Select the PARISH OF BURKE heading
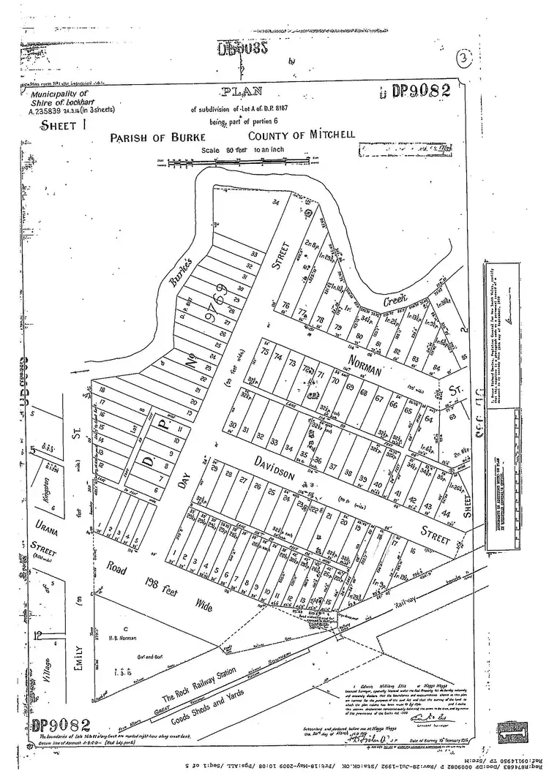tap(152, 137)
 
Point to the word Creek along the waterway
tap(397, 299)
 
